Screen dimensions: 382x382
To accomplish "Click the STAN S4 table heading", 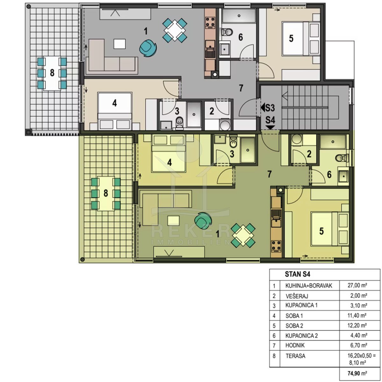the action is coord(297,274).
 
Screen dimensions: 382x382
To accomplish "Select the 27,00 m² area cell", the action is coord(357,285).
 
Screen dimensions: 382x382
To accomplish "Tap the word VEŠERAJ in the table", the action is coord(297,296).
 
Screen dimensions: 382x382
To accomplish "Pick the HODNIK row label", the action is coord(295,345).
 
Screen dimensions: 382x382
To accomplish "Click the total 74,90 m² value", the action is coord(357,373).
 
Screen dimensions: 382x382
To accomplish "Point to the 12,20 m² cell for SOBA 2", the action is coord(357,325).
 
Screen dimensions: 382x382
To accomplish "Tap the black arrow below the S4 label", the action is coord(270,127).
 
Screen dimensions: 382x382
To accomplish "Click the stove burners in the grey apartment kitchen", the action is coord(210,22).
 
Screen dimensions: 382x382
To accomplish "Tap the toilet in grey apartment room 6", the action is coord(227,32).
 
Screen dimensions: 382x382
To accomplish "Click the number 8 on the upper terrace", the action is coord(52,73).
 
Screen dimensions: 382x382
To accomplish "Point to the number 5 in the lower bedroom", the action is coord(321,231).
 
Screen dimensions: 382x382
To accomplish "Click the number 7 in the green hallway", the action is coord(269,174).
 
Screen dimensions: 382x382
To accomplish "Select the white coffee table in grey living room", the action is coord(120,44).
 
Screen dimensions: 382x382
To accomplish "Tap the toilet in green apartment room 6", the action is coord(342,158).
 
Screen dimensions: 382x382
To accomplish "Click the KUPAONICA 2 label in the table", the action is coord(301,336).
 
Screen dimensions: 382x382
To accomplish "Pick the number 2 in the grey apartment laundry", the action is coord(212,111).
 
